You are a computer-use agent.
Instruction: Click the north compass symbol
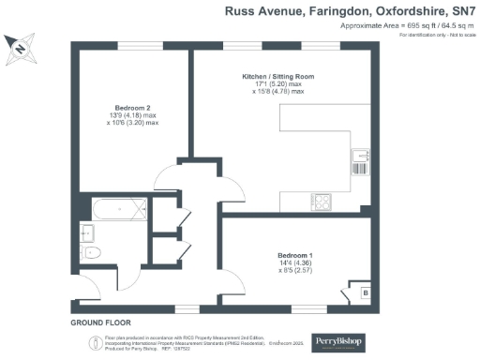click(18, 48)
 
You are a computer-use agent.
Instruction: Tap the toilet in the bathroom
click(91, 253)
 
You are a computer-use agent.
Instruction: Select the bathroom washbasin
click(88, 231)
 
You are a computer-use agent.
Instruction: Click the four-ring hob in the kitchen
click(322, 201)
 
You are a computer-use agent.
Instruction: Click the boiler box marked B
click(365, 292)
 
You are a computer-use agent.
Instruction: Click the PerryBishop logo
click(338, 342)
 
